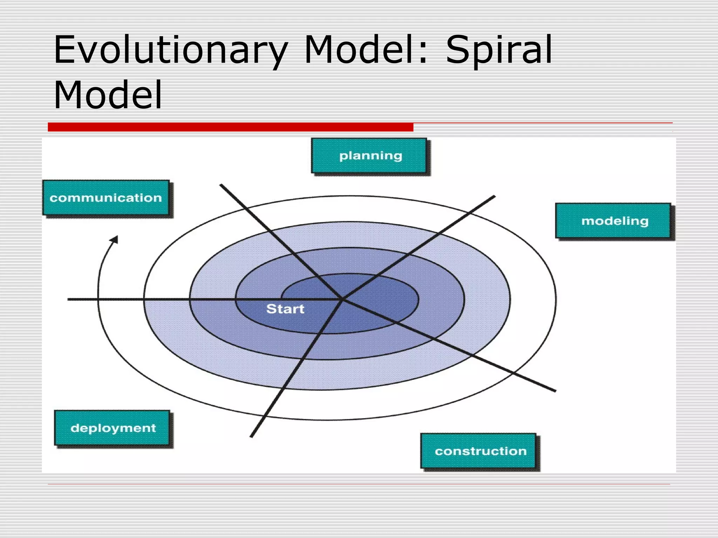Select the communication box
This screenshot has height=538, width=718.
106,198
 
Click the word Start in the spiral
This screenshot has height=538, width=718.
285,309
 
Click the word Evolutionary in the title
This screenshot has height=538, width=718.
170,50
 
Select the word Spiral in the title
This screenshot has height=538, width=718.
498,50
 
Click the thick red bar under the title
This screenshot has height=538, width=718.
230,127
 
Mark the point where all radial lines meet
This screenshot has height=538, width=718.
342,299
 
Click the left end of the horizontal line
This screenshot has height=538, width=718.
69,299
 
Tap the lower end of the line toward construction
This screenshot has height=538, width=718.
555,391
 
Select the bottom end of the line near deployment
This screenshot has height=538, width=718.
251,436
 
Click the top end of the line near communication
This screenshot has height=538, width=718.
221,185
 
